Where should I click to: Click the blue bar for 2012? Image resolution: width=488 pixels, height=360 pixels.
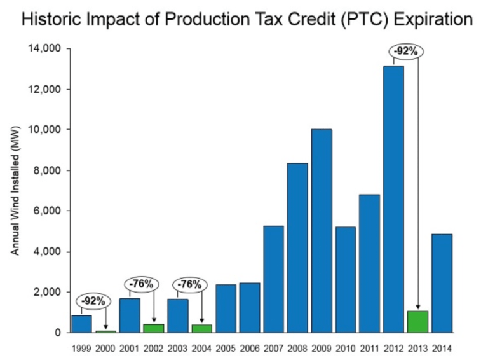click(x=393, y=198)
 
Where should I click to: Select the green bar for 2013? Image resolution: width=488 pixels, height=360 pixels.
click(x=417, y=321)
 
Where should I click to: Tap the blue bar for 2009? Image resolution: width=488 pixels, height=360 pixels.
click(x=322, y=230)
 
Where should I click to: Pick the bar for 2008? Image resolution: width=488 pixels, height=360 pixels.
click(x=297, y=247)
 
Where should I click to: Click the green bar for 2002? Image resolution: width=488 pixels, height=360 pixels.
click(x=154, y=328)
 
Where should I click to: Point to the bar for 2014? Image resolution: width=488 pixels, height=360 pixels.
click(x=442, y=283)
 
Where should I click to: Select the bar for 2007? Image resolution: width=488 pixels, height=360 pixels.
click(x=273, y=279)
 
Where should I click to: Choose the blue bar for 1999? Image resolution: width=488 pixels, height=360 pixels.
click(x=81, y=323)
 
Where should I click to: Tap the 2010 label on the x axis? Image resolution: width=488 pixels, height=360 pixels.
click(x=345, y=348)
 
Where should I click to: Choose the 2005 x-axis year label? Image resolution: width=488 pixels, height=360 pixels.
click(x=226, y=348)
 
